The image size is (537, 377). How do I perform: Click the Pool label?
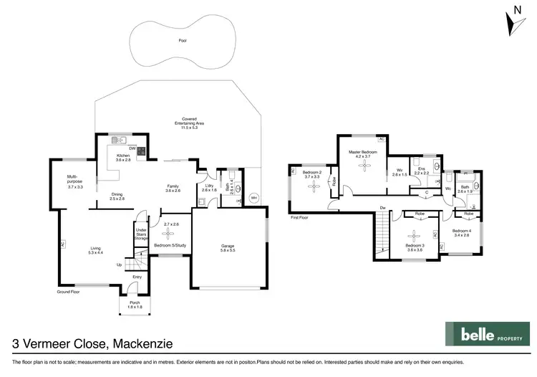pos(183,41)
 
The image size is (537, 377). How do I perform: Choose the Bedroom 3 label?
pos(414,247)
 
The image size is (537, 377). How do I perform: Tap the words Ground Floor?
pos(69,292)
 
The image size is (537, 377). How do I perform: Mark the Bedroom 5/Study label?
pos(170,246)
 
